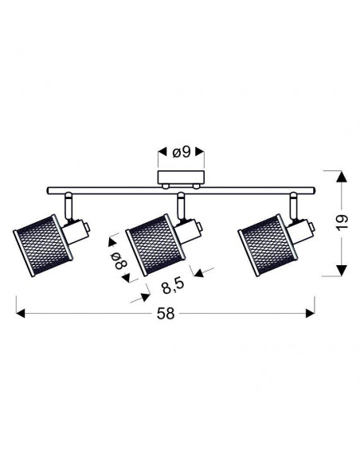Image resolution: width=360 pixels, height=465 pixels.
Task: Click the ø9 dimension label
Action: (181, 152)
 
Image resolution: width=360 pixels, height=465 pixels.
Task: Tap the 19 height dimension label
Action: (342, 222)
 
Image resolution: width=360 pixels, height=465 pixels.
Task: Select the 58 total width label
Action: (166, 314)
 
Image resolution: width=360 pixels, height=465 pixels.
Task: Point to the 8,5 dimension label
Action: (173, 286)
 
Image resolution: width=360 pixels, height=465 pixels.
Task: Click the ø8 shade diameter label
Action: (119, 260)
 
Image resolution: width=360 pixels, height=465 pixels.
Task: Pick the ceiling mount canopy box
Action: (181, 178)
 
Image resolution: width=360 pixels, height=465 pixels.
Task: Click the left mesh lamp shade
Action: (42, 245)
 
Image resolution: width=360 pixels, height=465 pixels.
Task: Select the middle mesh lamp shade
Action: (155, 245)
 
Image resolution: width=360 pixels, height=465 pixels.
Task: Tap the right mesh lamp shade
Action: (268, 245)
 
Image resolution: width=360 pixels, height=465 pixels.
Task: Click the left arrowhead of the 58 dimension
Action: (20, 314)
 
